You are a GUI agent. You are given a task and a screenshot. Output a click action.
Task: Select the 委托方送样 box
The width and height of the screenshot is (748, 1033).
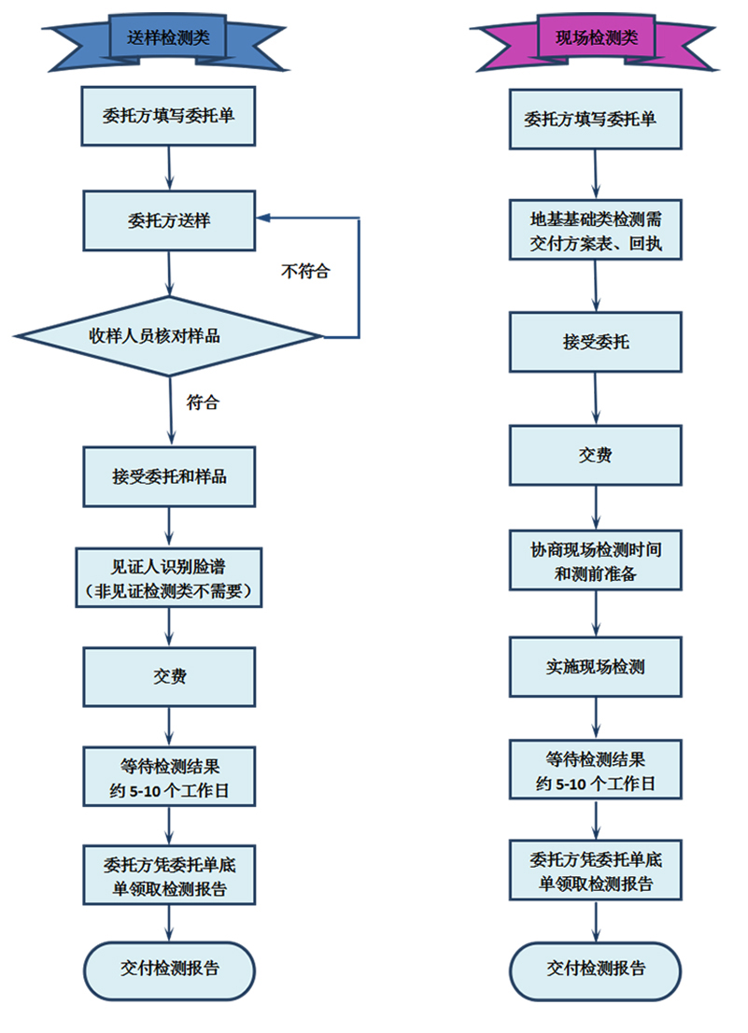coord(169,221)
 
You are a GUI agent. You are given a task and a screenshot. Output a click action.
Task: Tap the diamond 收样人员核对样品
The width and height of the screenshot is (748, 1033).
coord(169,335)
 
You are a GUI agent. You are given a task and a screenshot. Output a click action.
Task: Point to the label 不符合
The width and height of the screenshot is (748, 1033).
coord(305,272)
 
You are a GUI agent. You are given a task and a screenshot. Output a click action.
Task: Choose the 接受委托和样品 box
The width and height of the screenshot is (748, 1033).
coord(169,476)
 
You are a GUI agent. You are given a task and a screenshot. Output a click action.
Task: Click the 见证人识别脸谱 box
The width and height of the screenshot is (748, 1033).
coord(169,578)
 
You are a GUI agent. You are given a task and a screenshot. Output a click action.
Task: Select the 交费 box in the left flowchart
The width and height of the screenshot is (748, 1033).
coord(169,676)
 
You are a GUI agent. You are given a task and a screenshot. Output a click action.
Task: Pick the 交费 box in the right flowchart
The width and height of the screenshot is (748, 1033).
coord(595,456)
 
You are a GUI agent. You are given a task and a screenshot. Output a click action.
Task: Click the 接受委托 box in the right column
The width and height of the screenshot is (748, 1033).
coord(595,342)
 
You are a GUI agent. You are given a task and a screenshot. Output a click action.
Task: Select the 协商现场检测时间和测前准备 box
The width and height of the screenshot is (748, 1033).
coord(595,560)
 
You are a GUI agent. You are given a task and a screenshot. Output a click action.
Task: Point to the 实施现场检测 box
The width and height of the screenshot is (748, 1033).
coord(595,667)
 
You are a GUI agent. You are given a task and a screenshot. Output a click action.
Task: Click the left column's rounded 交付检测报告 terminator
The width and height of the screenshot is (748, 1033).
coord(169,969)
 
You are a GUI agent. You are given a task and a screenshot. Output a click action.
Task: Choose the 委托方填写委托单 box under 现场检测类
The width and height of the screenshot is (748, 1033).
coord(595,119)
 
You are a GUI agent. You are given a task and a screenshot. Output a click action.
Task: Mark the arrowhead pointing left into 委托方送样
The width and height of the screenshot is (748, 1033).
coord(264,218)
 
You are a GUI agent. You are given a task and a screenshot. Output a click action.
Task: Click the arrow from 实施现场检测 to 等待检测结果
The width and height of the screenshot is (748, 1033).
coord(596,717)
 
